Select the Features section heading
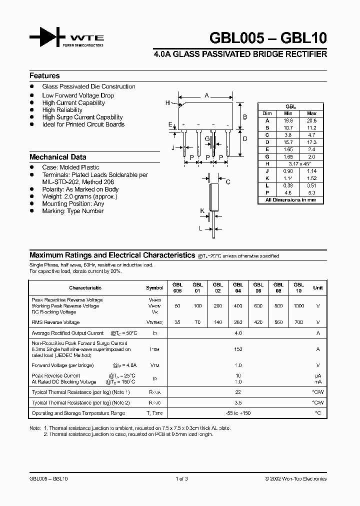pos(44,76)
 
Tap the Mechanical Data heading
pos(57,156)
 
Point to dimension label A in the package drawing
pos(206,95)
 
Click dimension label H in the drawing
pos(167,103)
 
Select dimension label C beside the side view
pos(227,182)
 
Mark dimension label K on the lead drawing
pos(202,211)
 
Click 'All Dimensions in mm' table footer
pos(290,200)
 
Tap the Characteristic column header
pos(85,287)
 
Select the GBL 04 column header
pos(237,287)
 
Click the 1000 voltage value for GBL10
pos(298,305)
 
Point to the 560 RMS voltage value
pos(278,322)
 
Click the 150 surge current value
pos(238,349)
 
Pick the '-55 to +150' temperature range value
pos(238,413)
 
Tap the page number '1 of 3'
pos(181,478)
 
